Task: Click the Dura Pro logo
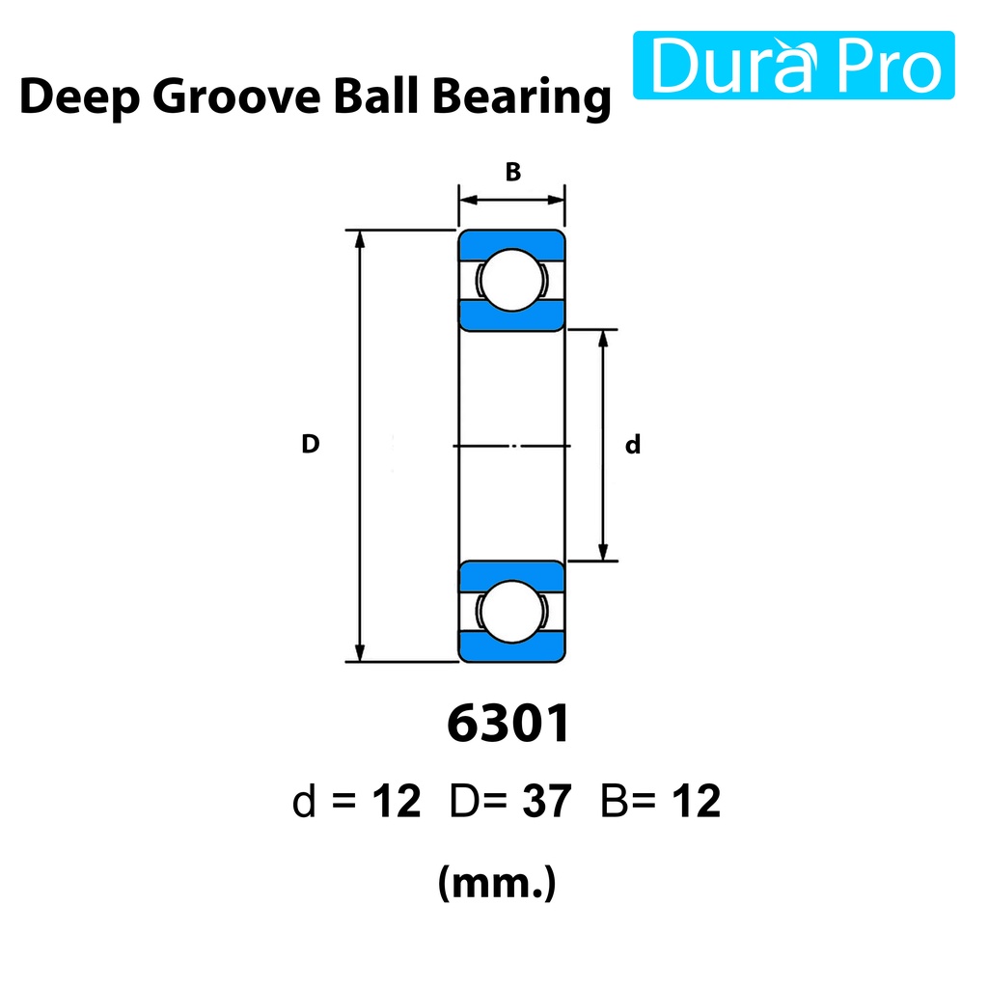tap(793, 65)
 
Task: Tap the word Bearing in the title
tap(522, 97)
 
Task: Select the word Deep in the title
tap(79, 97)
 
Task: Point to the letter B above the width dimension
tap(513, 172)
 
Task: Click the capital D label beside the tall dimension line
tap(310, 444)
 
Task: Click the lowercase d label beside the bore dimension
tap(633, 444)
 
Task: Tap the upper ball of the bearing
tap(511, 280)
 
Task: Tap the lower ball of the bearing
tap(511, 611)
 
